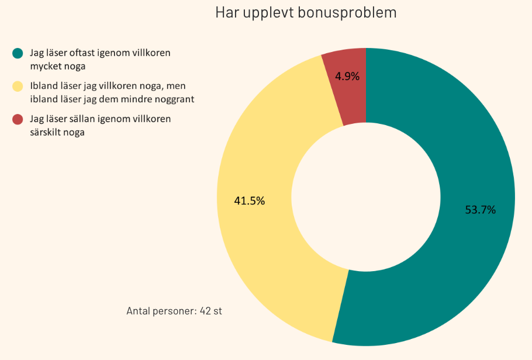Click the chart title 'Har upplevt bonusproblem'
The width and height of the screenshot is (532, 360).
[x=306, y=13]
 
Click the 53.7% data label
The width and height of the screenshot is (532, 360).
[x=480, y=210]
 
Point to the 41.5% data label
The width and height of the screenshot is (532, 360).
[x=249, y=201]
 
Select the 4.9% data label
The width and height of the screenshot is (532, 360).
[x=347, y=77]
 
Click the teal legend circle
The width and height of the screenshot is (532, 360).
[x=18, y=53]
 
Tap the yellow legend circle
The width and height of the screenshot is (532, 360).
[x=18, y=86]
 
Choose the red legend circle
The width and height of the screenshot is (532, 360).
[x=18, y=120]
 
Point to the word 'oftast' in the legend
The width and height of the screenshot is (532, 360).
[x=82, y=53]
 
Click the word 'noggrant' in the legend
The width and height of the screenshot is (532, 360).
[x=175, y=99]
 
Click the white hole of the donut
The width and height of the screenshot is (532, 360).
[x=365, y=197]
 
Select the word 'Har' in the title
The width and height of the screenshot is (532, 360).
[x=225, y=13]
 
